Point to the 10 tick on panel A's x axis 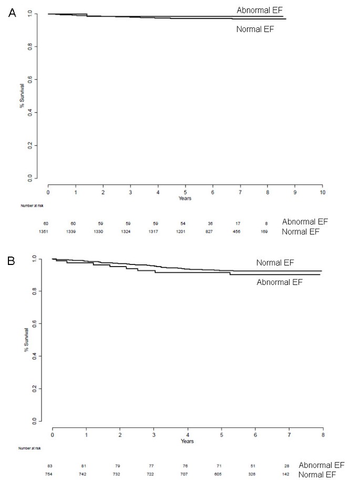323,192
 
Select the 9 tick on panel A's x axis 295,192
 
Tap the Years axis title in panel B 188,441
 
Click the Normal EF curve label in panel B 275,262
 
